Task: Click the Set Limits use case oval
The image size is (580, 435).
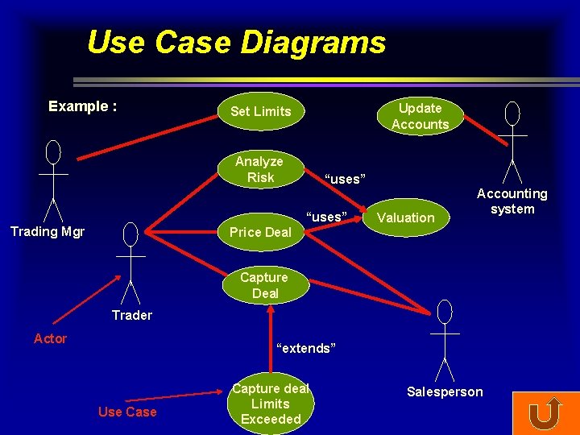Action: [260, 111]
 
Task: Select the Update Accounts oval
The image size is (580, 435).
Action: [420, 116]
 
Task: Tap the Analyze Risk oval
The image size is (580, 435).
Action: [259, 169]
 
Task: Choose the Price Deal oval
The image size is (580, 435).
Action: [260, 232]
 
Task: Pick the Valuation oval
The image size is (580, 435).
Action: [406, 217]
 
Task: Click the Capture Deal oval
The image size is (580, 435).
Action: [264, 285]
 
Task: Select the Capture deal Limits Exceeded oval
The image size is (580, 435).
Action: [271, 404]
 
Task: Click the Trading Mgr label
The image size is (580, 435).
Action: [48, 232]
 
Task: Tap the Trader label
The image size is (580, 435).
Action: [132, 315]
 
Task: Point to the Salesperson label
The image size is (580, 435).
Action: [445, 391]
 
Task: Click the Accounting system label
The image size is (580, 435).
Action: [512, 201]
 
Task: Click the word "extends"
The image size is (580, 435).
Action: [304, 348]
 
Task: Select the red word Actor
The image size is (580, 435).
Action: [50, 338]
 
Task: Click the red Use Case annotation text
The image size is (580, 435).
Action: [127, 412]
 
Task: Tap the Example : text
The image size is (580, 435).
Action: [83, 106]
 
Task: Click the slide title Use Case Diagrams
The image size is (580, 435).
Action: [236, 42]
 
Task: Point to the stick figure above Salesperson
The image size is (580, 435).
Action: [445, 339]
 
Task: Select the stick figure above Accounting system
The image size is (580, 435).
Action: [512, 142]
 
